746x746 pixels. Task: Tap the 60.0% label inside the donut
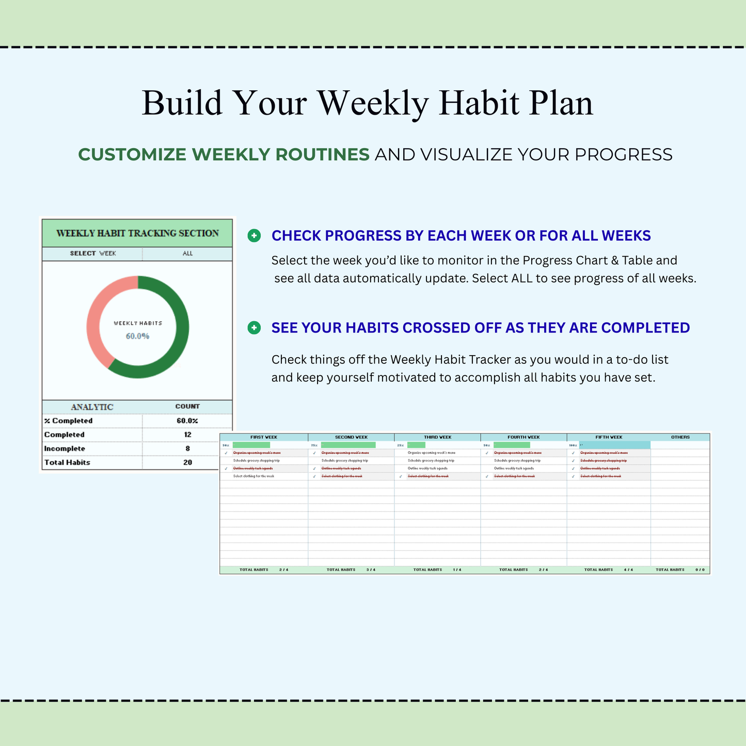[137, 336]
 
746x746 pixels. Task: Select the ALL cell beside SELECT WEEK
[187, 253]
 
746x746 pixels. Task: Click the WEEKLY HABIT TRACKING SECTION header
[137, 233]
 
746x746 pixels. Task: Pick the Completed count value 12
[187, 435]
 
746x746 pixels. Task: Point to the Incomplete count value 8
[187, 449]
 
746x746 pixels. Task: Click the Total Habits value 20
[187, 463]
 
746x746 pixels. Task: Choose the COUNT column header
[187, 406]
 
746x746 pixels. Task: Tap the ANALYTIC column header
[92, 407]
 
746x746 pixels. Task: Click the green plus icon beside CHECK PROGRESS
[254, 236]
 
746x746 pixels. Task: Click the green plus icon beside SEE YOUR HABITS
[254, 328]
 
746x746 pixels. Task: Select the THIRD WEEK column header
[437, 437]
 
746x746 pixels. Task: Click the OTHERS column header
[680, 437]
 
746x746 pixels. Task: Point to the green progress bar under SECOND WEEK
[348, 445]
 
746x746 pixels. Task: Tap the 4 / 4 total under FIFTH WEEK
[628, 570]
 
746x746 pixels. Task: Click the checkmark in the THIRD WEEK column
[401, 477]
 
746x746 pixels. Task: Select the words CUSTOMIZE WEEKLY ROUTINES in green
[224, 154]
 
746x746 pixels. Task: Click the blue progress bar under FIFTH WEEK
[614, 445]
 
